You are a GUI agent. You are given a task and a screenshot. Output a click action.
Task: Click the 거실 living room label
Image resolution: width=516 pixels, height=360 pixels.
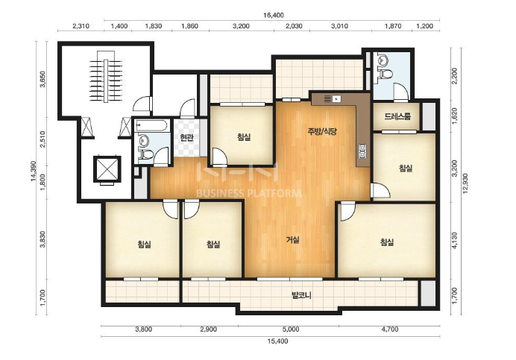[292, 239]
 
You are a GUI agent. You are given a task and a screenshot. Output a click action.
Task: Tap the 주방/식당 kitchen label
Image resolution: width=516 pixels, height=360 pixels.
[322, 132]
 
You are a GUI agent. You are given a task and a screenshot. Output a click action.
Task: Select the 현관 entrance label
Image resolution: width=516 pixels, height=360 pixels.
[186, 137]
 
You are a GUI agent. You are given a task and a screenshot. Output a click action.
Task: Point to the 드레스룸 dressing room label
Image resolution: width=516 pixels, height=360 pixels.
[397, 116]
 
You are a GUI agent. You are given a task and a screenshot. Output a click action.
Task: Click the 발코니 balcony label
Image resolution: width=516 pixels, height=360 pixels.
[302, 295]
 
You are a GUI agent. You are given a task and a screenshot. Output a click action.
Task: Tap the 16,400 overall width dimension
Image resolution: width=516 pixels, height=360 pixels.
[273, 15]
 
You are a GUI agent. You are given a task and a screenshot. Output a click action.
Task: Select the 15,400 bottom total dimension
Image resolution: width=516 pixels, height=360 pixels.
[277, 341]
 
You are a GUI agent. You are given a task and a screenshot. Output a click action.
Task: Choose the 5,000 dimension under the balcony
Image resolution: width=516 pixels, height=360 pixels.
[291, 329]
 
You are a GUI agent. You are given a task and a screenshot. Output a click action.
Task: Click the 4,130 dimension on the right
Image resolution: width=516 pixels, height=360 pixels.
[454, 241]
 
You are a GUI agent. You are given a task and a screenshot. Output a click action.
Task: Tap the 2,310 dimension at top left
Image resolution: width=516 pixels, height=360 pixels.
[81, 26]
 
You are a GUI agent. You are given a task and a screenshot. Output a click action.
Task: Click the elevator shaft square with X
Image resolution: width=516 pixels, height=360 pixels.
[107, 169]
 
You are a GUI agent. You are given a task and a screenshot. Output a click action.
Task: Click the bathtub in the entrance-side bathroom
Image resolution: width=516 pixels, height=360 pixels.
[152, 125]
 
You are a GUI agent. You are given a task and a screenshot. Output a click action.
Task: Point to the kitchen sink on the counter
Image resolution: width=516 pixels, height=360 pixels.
[338, 98]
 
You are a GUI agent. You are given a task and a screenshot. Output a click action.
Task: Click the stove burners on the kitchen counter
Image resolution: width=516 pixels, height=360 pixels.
[362, 151]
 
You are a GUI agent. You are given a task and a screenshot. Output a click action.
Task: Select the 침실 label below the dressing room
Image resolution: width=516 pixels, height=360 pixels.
[406, 168]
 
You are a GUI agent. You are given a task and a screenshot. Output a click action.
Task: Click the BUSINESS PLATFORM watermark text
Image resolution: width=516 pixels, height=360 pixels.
[248, 193]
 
